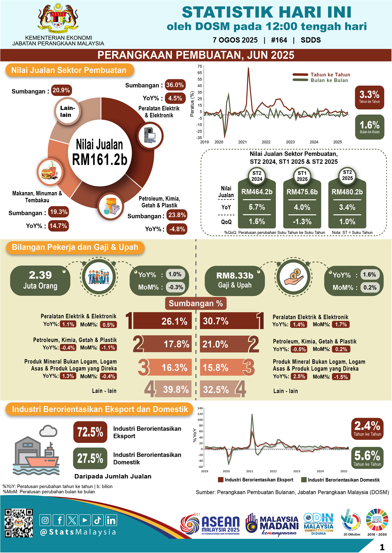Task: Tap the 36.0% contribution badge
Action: point(175,85)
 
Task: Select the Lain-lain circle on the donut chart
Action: point(67,111)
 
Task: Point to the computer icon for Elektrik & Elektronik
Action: point(150,135)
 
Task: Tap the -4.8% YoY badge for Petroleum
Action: point(177,229)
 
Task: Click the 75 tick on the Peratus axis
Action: point(200,66)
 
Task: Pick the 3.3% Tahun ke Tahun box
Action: point(369,97)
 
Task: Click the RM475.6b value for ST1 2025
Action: point(302,192)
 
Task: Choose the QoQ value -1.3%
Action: point(302,221)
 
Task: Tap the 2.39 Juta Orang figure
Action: point(40,280)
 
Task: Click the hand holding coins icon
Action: point(294,277)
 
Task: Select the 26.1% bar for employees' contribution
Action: point(162,321)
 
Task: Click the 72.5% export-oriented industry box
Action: point(90,432)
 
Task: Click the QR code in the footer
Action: point(19,523)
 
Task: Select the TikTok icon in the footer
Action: point(98,520)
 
